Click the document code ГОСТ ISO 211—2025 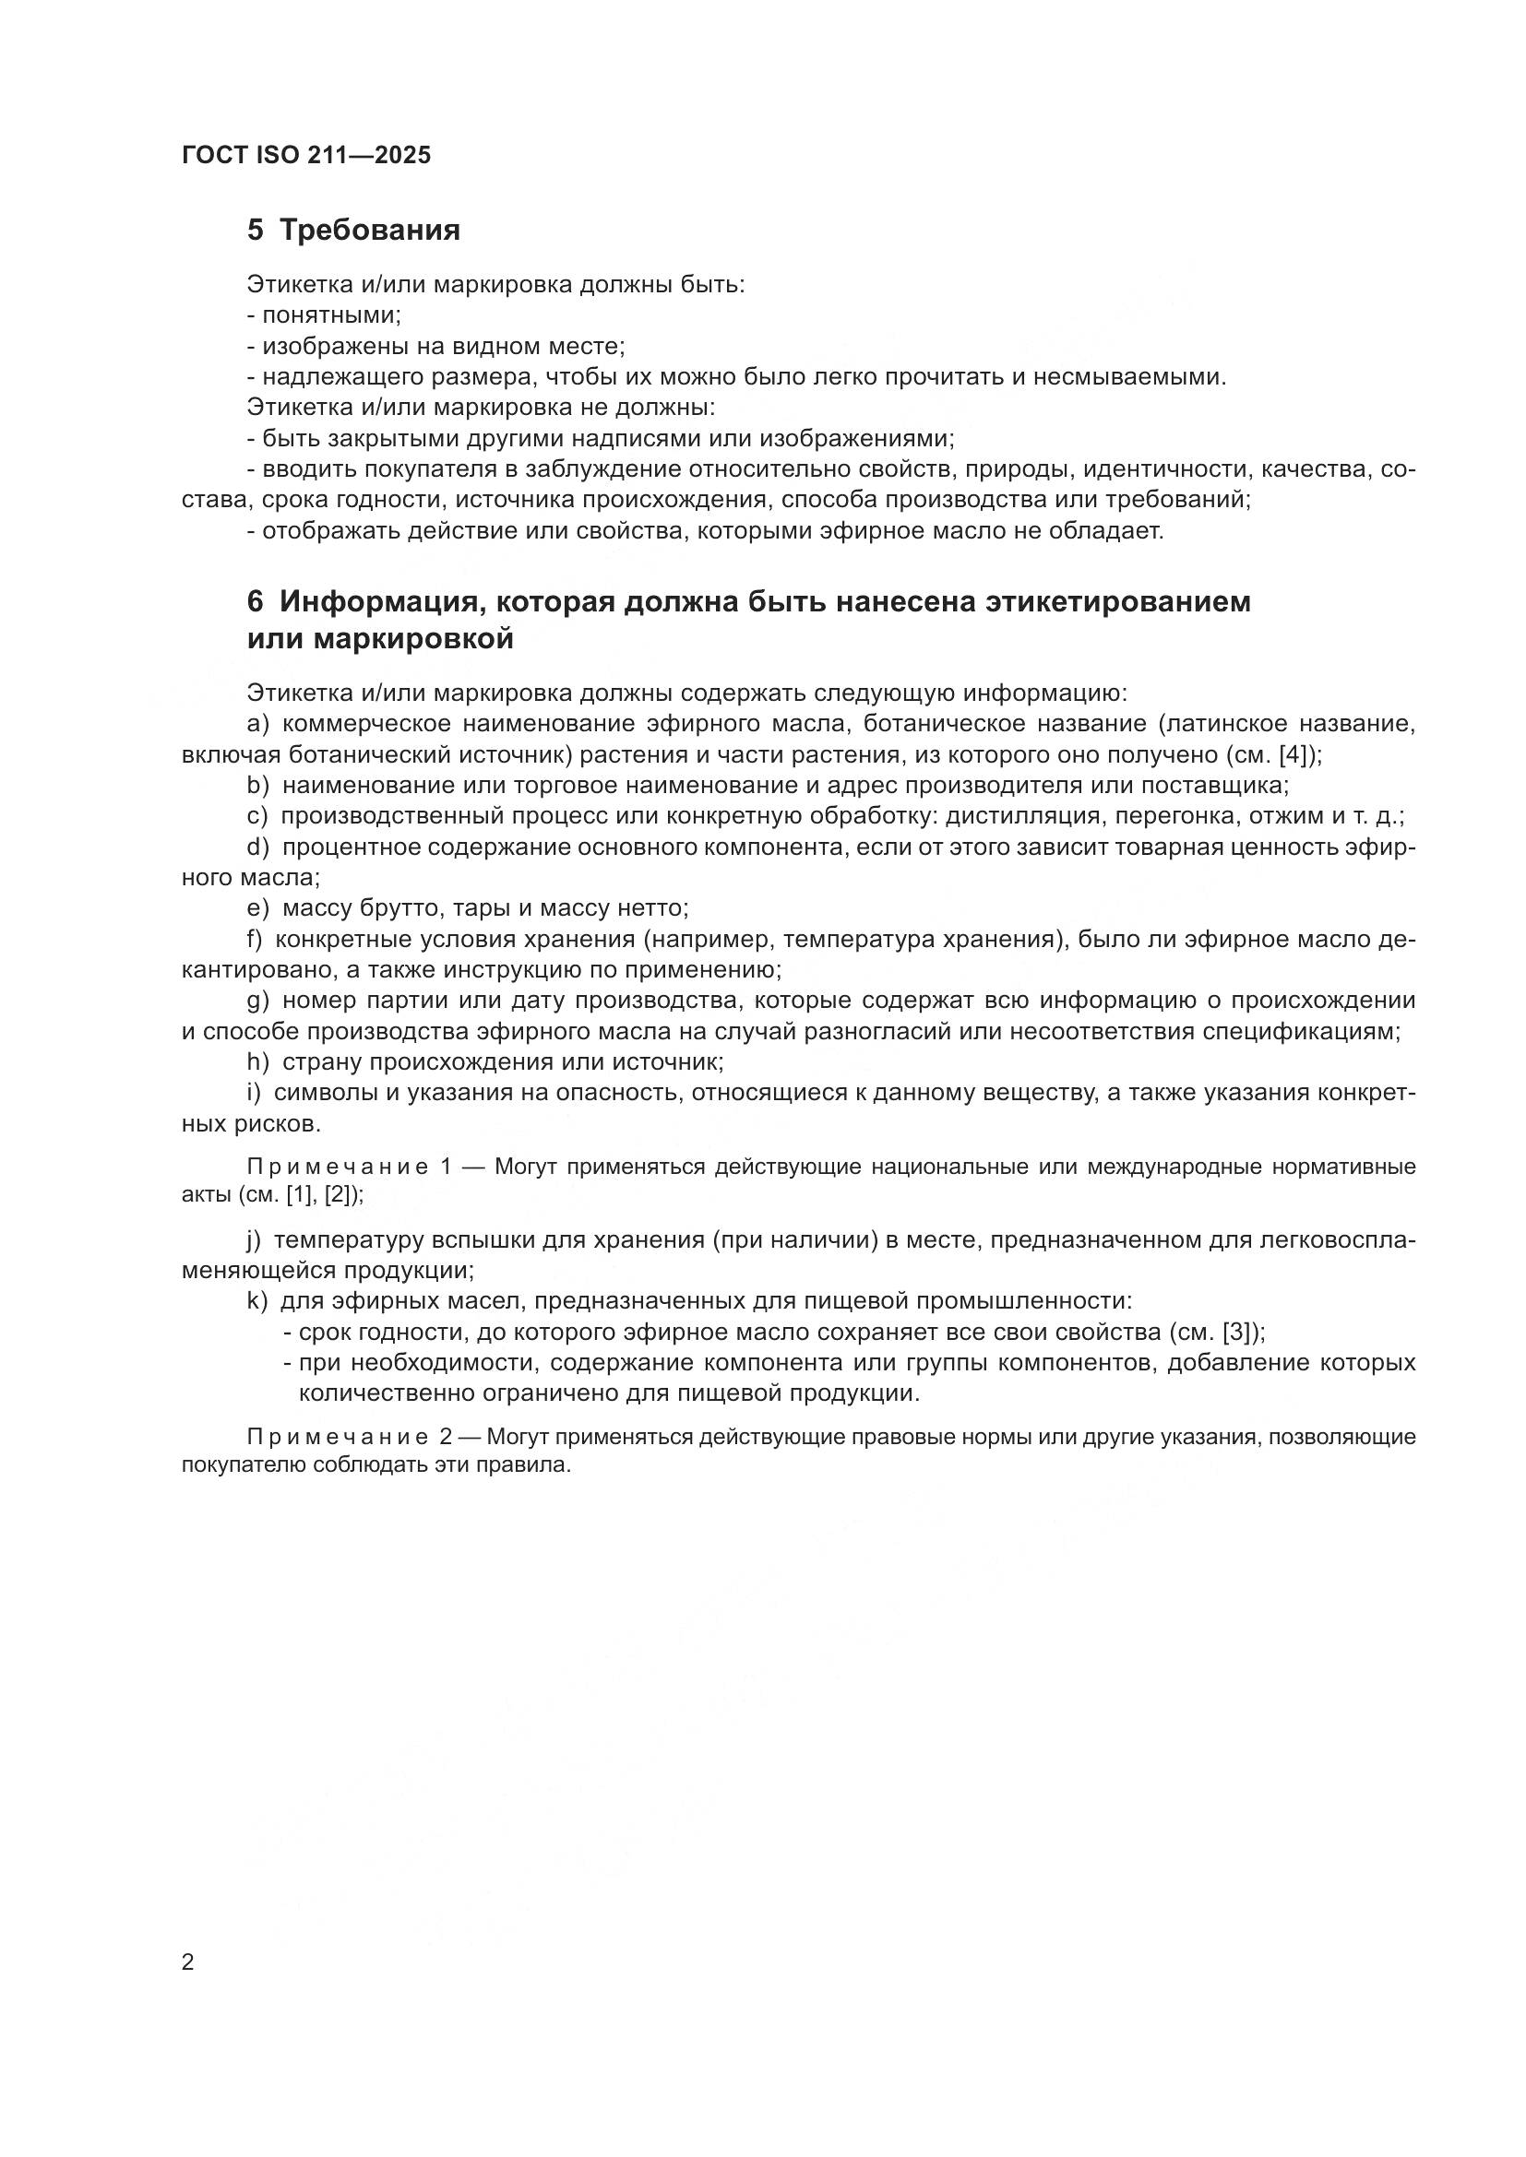coord(306,156)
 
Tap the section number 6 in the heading coord(255,601)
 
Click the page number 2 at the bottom coord(188,1961)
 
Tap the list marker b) coord(257,785)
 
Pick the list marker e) coord(257,907)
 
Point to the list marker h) coord(257,1061)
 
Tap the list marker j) coord(254,1240)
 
